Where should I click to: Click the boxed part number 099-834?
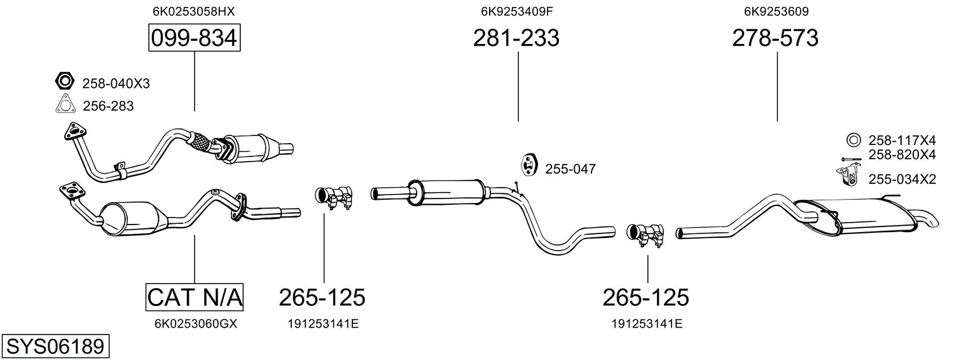tap(194, 38)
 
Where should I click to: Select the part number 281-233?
tap(516, 38)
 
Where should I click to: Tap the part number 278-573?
tap(775, 38)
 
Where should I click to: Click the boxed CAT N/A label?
tap(194, 297)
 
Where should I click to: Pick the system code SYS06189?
tap(55, 347)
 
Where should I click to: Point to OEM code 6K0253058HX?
tap(194, 11)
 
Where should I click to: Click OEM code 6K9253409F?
tap(516, 11)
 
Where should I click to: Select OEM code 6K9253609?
tap(776, 11)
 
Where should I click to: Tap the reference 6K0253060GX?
tap(196, 324)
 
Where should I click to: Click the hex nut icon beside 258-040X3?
tap(65, 81)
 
